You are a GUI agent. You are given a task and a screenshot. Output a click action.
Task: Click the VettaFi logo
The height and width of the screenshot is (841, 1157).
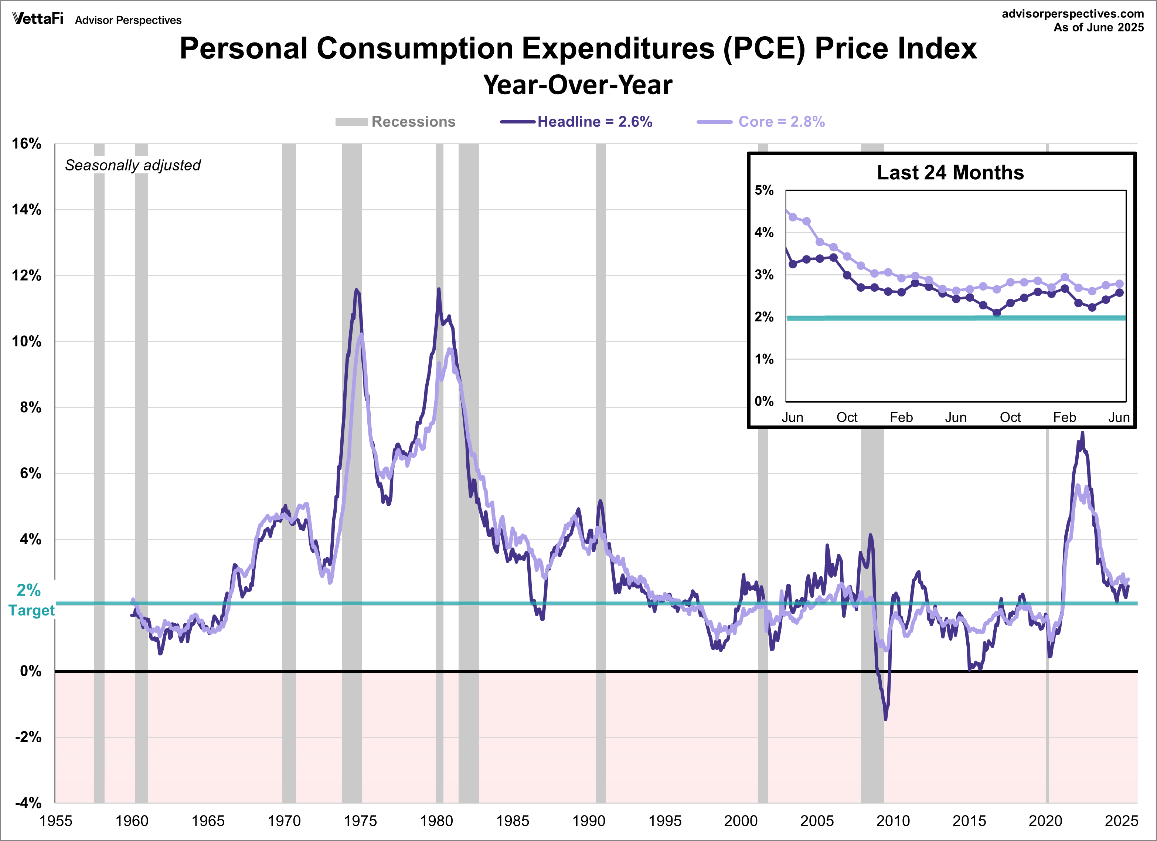click(x=38, y=19)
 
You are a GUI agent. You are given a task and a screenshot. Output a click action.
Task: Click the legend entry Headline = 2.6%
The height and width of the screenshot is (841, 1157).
click(x=594, y=122)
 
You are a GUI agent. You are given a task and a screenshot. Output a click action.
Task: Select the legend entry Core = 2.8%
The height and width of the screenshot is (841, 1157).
click(x=781, y=122)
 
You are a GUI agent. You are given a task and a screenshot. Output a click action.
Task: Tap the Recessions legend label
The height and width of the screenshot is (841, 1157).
click(x=413, y=122)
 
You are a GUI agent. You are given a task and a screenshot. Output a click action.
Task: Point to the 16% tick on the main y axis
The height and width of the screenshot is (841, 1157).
click(x=27, y=143)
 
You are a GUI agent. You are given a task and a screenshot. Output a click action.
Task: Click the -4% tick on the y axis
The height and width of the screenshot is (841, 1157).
click(x=28, y=803)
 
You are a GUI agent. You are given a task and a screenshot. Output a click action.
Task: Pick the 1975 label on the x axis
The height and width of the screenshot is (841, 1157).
click(x=360, y=821)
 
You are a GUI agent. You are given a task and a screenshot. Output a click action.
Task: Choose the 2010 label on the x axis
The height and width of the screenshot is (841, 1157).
click(x=893, y=821)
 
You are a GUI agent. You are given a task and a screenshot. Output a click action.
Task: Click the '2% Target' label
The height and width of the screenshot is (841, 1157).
click(x=31, y=600)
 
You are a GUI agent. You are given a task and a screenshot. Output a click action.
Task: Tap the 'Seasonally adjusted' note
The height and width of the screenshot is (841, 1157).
click(x=133, y=165)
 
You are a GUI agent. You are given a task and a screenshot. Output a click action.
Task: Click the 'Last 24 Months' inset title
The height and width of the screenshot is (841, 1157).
click(x=950, y=173)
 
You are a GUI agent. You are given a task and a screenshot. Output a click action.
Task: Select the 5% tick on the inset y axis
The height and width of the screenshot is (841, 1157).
click(x=764, y=190)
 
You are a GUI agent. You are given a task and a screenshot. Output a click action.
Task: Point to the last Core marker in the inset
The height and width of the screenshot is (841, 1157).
click(x=1119, y=284)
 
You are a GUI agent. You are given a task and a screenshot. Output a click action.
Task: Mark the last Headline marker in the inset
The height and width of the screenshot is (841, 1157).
click(x=1119, y=293)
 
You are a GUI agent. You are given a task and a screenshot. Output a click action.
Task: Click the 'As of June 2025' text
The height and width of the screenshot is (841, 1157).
click(x=1099, y=28)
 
